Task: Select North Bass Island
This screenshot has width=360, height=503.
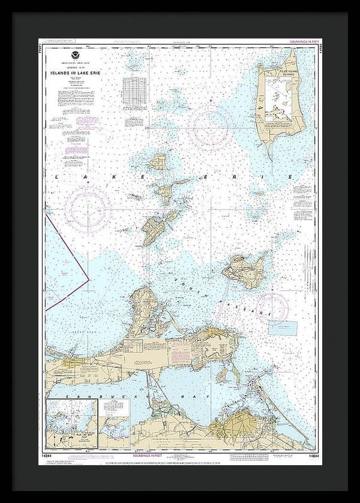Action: click(159, 162)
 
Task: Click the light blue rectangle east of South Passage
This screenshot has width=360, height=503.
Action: click(283, 327)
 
